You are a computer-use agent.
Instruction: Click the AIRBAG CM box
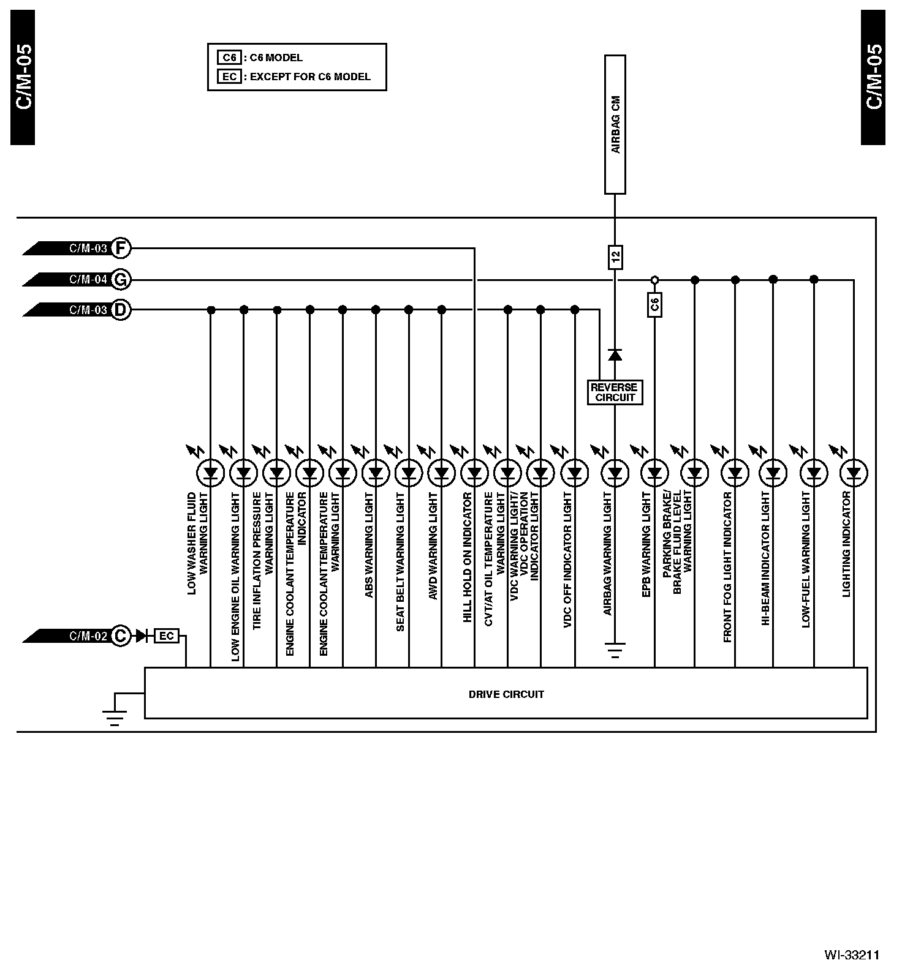615,124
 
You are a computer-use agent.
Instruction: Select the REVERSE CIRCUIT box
614,392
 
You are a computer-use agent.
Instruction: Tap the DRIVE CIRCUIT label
506,694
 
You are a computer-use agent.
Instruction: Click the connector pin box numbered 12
615,257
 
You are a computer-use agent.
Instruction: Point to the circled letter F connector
121,248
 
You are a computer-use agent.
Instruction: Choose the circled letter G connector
121,280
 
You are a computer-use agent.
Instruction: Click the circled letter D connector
121,310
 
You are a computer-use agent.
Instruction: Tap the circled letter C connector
121,636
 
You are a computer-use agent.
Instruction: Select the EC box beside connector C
166,636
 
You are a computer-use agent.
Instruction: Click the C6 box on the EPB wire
654,305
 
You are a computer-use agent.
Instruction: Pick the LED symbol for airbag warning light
615,473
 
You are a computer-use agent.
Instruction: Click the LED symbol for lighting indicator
854,473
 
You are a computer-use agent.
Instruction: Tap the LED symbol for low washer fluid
210,473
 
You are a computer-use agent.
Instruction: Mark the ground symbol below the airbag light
615,649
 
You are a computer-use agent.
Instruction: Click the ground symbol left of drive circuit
115,717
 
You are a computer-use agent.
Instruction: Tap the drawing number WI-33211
852,954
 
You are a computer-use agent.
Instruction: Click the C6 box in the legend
229,58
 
